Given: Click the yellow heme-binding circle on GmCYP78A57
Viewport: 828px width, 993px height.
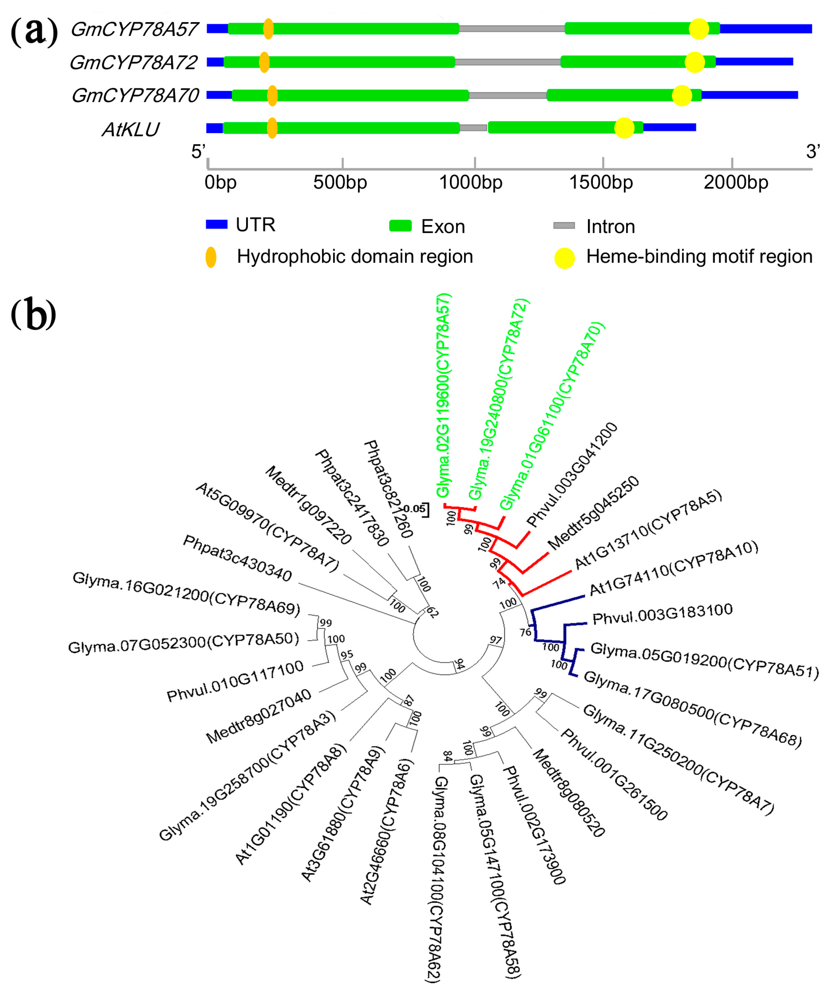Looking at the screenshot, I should [699, 29].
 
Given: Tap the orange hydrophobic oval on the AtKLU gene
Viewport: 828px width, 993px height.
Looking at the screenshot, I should [272, 128].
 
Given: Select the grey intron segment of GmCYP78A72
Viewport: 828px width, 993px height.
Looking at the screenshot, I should [507, 62].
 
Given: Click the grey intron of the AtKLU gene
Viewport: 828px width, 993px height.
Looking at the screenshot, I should [473, 128].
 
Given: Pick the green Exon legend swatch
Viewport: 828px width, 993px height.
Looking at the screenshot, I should [400, 226].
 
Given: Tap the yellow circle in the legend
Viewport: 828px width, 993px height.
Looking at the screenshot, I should [564, 258].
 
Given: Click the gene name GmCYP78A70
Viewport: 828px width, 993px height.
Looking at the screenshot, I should [135, 96].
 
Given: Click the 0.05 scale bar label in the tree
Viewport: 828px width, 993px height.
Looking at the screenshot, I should [414, 509].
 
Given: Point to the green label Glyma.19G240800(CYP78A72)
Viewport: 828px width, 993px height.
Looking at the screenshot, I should [499, 399].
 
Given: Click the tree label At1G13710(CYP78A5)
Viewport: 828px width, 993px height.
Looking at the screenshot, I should [648, 529].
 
